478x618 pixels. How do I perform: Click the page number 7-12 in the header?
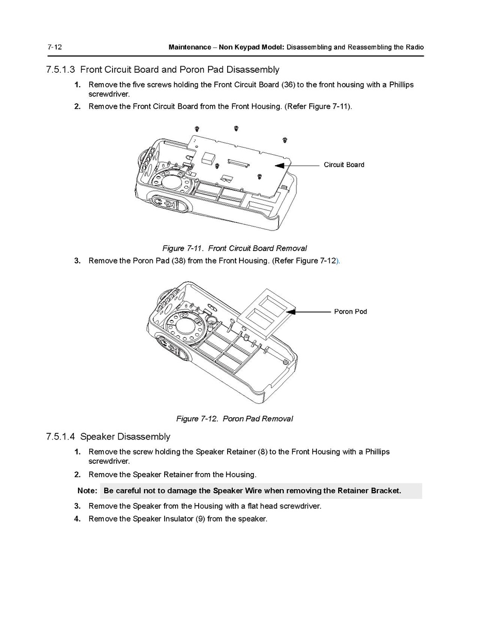tap(54, 47)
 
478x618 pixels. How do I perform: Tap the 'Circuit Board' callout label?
tap(344, 165)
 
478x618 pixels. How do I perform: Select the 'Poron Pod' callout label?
tap(350, 312)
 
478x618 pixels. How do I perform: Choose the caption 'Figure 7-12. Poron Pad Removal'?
tap(234, 418)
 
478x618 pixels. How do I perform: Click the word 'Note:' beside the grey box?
tap(87, 491)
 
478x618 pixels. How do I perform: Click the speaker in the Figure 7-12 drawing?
tap(188, 330)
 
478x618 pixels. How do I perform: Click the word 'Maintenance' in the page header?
tap(189, 47)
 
